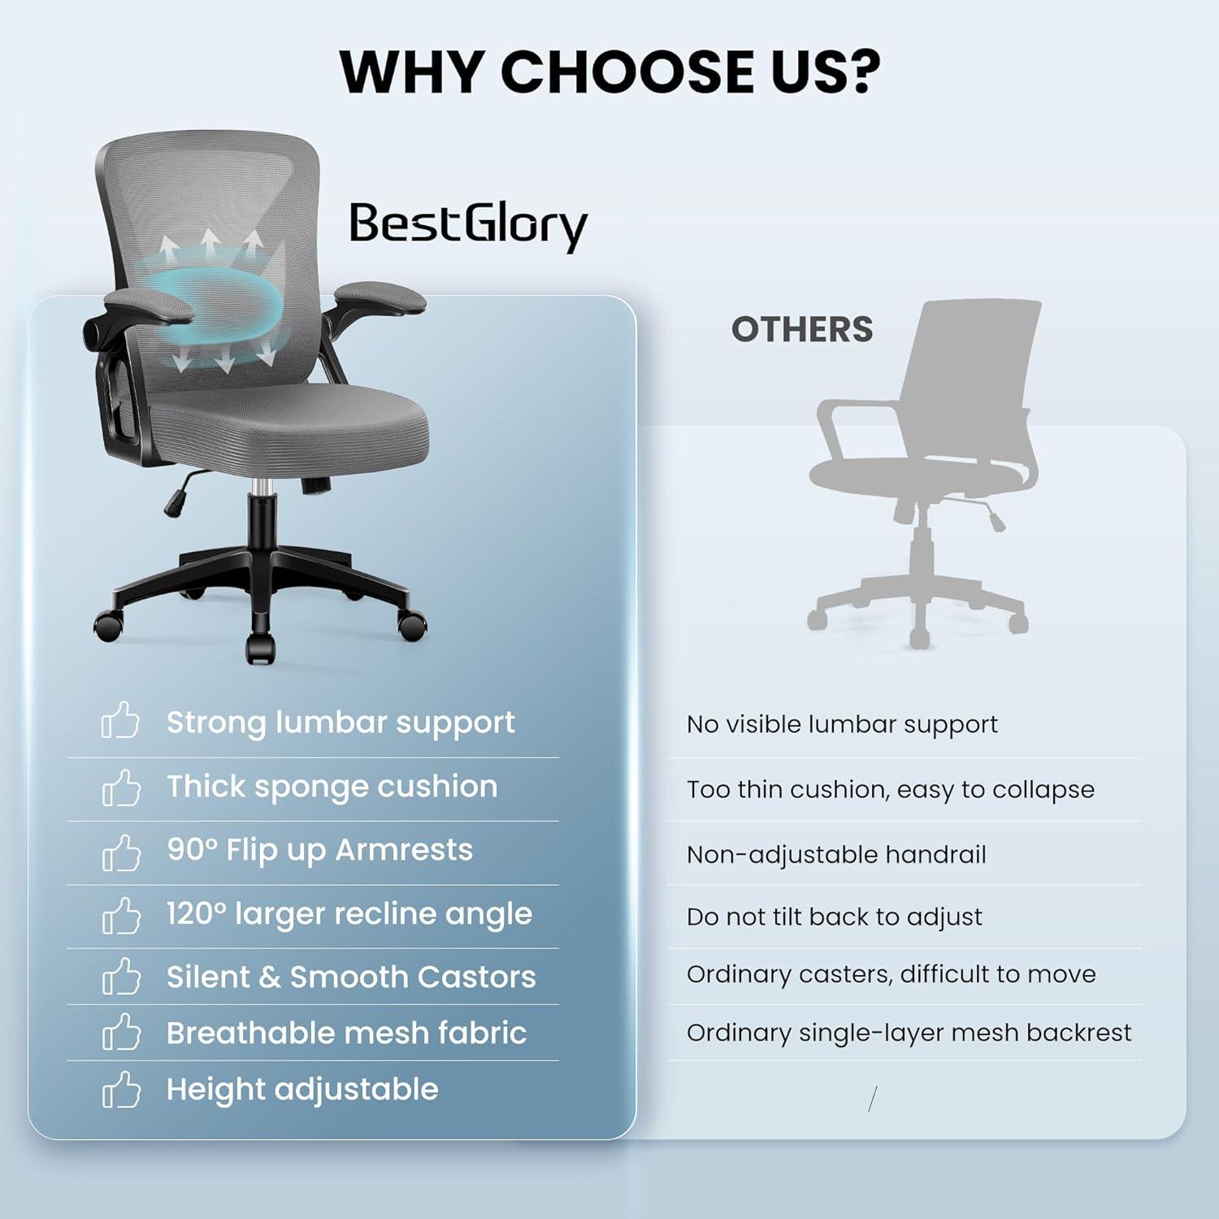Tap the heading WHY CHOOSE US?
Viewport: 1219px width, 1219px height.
click(609, 72)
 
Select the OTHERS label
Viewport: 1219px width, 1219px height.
click(802, 329)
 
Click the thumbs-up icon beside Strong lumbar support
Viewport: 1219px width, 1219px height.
click(120, 721)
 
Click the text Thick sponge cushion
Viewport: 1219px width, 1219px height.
click(332, 787)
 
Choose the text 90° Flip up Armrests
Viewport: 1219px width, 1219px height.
click(319, 850)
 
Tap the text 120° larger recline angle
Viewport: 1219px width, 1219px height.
click(349, 914)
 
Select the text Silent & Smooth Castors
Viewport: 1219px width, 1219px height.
click(351, 977)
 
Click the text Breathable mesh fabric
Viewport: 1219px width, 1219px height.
click(346, 1033)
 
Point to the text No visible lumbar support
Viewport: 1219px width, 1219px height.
click(842, 725)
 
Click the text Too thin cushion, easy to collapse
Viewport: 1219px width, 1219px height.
click(891, 790)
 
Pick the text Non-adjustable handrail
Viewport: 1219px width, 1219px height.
click(836, 855)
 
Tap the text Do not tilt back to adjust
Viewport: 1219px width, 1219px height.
click(835, 918)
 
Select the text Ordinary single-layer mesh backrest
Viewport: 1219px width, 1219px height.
click(909, 1033)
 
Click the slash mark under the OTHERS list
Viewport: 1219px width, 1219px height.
click(873, 1100)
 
